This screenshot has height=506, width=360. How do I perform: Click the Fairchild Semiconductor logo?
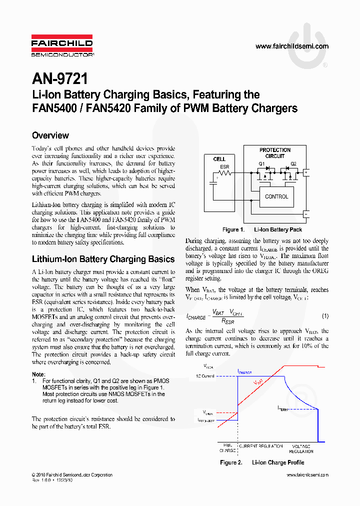pos(62,45)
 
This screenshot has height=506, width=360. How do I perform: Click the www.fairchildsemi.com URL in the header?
pos(292,46)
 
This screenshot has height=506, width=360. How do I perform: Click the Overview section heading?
pos(50,135)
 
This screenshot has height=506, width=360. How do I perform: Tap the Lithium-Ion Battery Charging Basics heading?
pos(103,259)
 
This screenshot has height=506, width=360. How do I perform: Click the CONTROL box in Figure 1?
pos(276,196)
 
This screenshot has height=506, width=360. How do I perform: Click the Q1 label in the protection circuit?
pos(261,163)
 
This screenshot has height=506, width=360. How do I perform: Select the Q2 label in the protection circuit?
pos(293,163)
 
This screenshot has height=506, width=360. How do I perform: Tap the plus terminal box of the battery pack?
pos(306,172)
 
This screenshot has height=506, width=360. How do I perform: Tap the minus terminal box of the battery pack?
pos(306,213)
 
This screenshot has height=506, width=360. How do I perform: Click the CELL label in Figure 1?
pos(219,159)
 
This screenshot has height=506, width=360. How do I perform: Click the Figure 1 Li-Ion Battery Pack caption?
pos(262,229)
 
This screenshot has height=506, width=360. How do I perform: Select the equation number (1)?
pos(325,316)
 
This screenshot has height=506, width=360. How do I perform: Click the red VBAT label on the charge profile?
pos(258,382)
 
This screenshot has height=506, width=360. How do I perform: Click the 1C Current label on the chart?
pos(205,375)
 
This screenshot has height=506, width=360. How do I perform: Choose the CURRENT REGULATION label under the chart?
pos(260,446)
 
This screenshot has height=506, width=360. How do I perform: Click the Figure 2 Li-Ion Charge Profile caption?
pos(262,462)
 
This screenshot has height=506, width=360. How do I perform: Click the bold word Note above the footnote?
pos(38,374)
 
